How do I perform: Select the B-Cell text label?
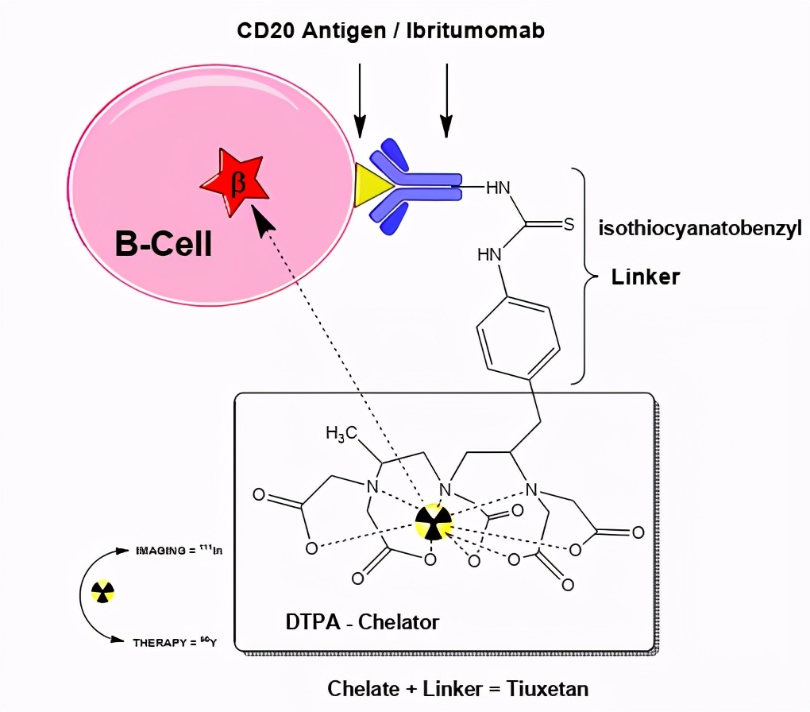coord(164,244)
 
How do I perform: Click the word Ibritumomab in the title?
coord(476,31)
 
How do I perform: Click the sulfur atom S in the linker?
coord(569,225)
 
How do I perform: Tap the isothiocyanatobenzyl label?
coord(700,229)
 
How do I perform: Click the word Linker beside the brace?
coord(645,277)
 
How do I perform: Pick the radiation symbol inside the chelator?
coord(433,523)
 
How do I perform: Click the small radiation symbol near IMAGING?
coord(103,590)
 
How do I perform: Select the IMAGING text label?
coord(160,550)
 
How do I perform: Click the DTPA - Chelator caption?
coord(361,621)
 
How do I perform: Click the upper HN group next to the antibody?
coord(497,188)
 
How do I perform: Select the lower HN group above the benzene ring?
coord(490,255)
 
